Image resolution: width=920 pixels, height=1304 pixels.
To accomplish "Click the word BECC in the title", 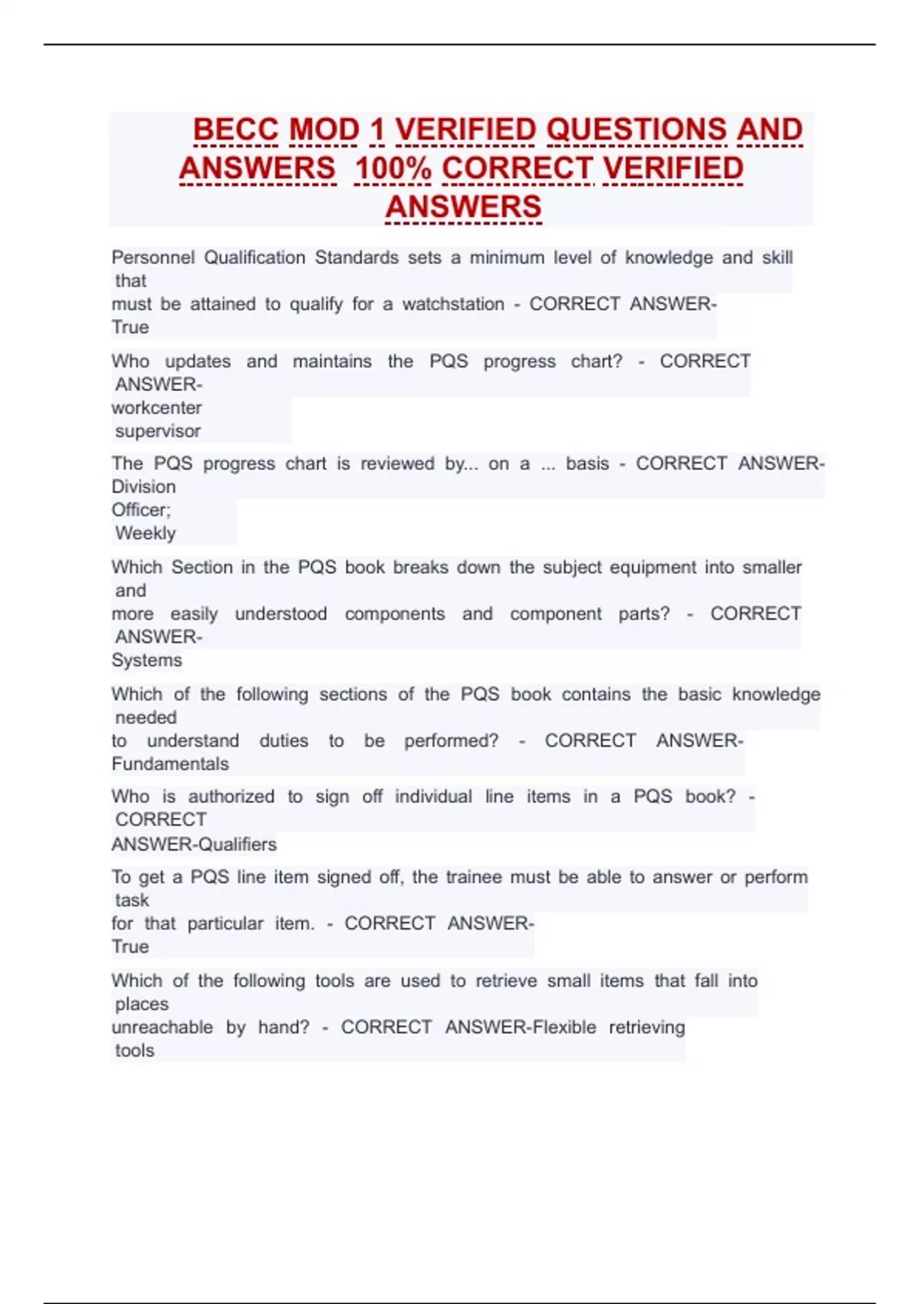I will (235, 130).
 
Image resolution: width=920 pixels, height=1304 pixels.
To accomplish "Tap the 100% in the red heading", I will (393, 169).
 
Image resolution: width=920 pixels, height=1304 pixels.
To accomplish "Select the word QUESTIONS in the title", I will (636, 130).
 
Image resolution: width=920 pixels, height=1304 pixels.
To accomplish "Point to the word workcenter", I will (156, 408).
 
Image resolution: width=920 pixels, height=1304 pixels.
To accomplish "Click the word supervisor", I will (158, 431).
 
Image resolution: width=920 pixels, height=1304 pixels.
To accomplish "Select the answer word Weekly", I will (145, 533).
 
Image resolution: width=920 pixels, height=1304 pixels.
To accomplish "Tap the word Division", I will (143, 487).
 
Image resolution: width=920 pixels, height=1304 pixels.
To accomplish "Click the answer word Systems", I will (146, 660).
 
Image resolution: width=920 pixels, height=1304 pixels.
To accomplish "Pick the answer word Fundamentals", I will (170, 764).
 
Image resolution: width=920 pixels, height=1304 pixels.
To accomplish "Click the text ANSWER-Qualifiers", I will (194, 845).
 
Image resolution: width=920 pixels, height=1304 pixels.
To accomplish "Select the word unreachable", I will (162, 1027).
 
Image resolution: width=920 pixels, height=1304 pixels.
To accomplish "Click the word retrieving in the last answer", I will (646, 1027).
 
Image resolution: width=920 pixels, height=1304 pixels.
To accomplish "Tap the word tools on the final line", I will (134, 1051).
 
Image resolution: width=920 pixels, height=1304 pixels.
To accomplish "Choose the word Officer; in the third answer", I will (141, 510).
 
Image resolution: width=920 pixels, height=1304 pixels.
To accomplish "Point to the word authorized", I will (231, 797).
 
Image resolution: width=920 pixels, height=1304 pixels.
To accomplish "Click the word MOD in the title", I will (324, 130).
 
